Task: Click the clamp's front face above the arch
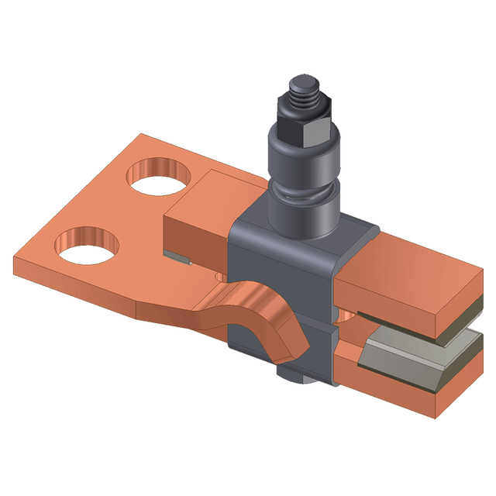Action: (279, 263)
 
